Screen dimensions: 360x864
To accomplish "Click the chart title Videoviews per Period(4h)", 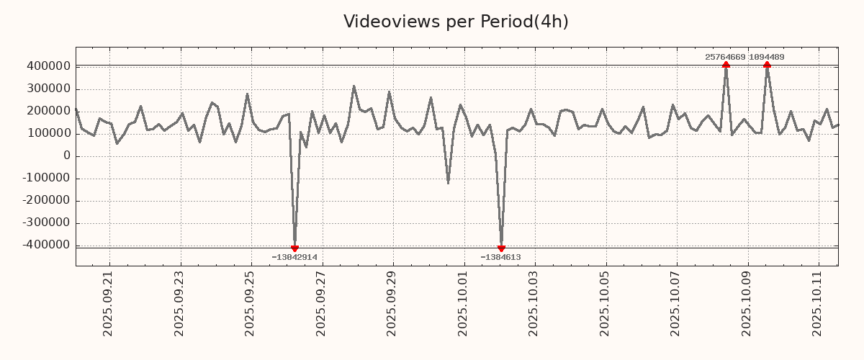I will pos(456,22).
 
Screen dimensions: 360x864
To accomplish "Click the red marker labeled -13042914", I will pos(294,248).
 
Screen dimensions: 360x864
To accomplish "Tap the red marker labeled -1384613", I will pos(501,248).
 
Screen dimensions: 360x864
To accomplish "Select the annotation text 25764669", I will pos(725,57).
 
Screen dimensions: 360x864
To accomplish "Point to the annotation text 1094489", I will pos(767,57).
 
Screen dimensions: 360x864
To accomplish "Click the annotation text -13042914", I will pos(294,257).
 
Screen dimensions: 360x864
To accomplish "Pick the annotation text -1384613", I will pos(500,257).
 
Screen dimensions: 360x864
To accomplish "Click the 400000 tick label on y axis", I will pos(48,67).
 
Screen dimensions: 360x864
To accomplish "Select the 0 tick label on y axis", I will pos(67,156).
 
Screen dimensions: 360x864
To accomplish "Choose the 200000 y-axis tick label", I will pos(48,112).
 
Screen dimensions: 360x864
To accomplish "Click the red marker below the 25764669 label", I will pos(726,65).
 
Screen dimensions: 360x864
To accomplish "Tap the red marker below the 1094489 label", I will pos(767,65).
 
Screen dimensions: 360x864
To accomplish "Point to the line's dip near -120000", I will pos(448,183).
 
